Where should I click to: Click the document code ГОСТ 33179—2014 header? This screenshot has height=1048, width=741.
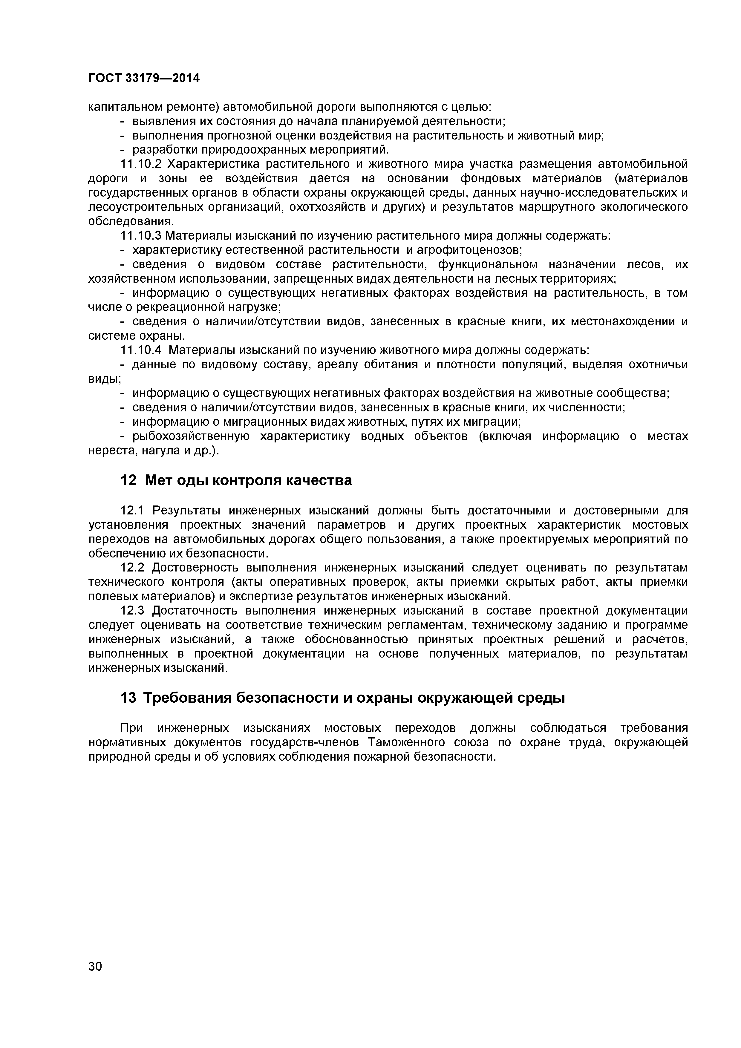click(144, 79)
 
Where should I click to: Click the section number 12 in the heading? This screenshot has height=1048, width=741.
click(128, 481)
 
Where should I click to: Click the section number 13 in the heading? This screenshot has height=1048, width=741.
click(128, 698)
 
